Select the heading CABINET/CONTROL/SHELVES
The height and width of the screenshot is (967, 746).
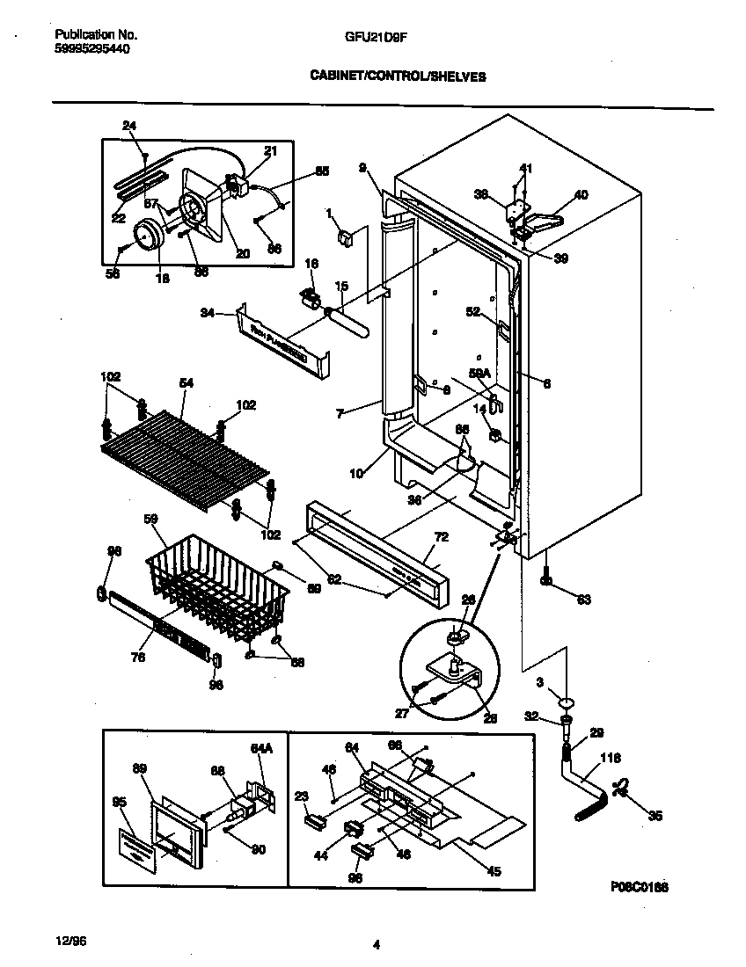398,76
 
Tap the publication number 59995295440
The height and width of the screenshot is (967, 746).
92,49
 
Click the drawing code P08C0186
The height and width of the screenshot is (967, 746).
640,889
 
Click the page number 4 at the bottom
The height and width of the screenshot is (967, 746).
376,946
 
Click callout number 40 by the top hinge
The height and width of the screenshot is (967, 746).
581,194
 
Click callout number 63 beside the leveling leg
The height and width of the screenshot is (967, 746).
583,600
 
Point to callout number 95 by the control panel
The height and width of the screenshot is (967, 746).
120,801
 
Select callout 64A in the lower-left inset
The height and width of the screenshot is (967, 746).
261,747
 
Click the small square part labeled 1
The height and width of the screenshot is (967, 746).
346,236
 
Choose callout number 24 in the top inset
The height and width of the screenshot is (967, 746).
129,126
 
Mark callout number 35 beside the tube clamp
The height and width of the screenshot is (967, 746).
654,816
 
